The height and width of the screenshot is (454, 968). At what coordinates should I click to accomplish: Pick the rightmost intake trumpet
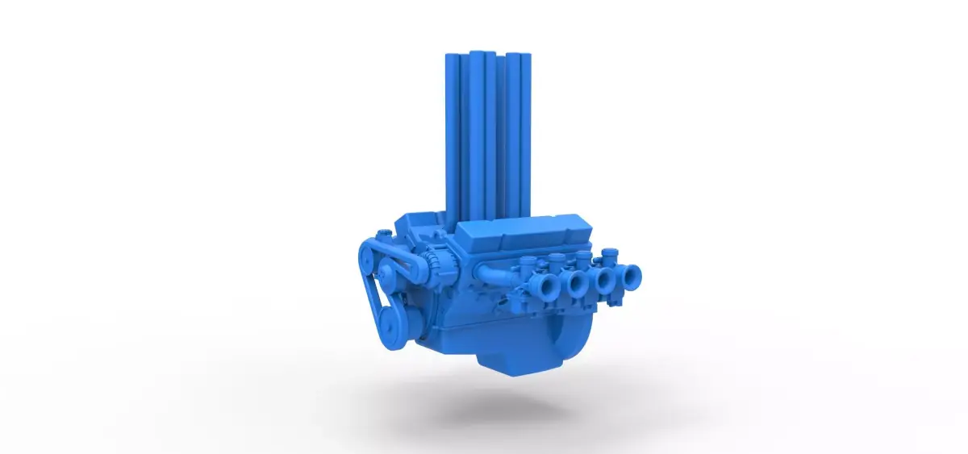630,278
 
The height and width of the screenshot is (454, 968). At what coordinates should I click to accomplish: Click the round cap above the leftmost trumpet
528,260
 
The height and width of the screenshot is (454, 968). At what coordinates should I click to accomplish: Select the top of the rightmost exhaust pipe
526,56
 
